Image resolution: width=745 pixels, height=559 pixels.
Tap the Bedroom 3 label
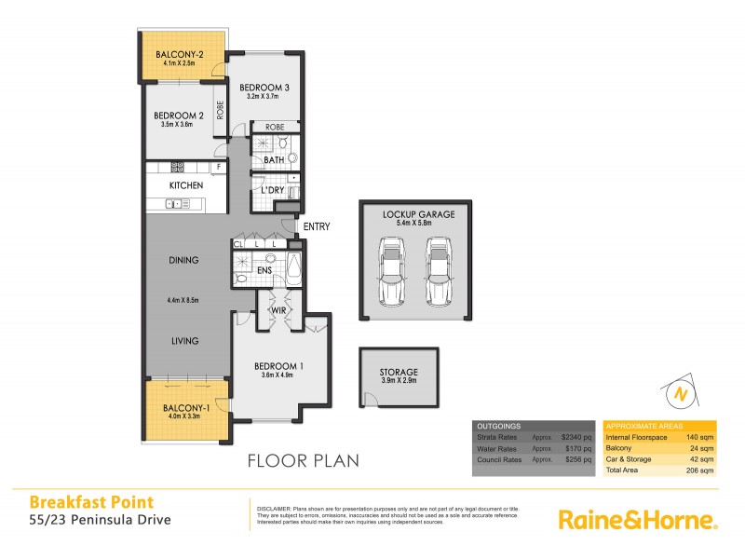(x=264, y=87)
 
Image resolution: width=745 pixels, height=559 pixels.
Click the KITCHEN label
(x=186, y=185)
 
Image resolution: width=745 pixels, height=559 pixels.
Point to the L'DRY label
(x=272, y=191)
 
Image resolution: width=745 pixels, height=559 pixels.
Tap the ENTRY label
(x=317, y=226)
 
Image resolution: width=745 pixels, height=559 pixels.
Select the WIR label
(x=278, y=309)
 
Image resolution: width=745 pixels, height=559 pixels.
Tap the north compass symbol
(x=681, y=395)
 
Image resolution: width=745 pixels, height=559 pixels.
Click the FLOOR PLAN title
(x=302, y=460)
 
